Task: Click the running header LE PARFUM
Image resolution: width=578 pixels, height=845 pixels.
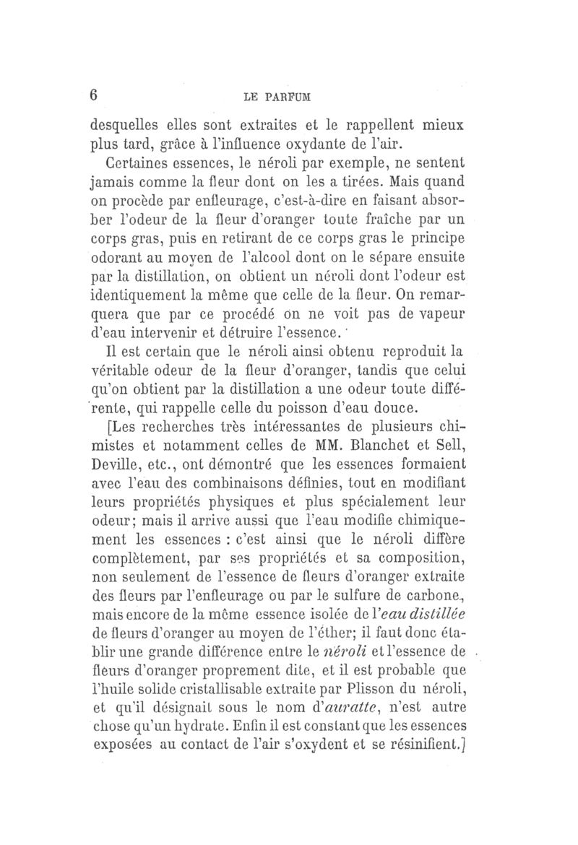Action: click(x=289, y=97)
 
